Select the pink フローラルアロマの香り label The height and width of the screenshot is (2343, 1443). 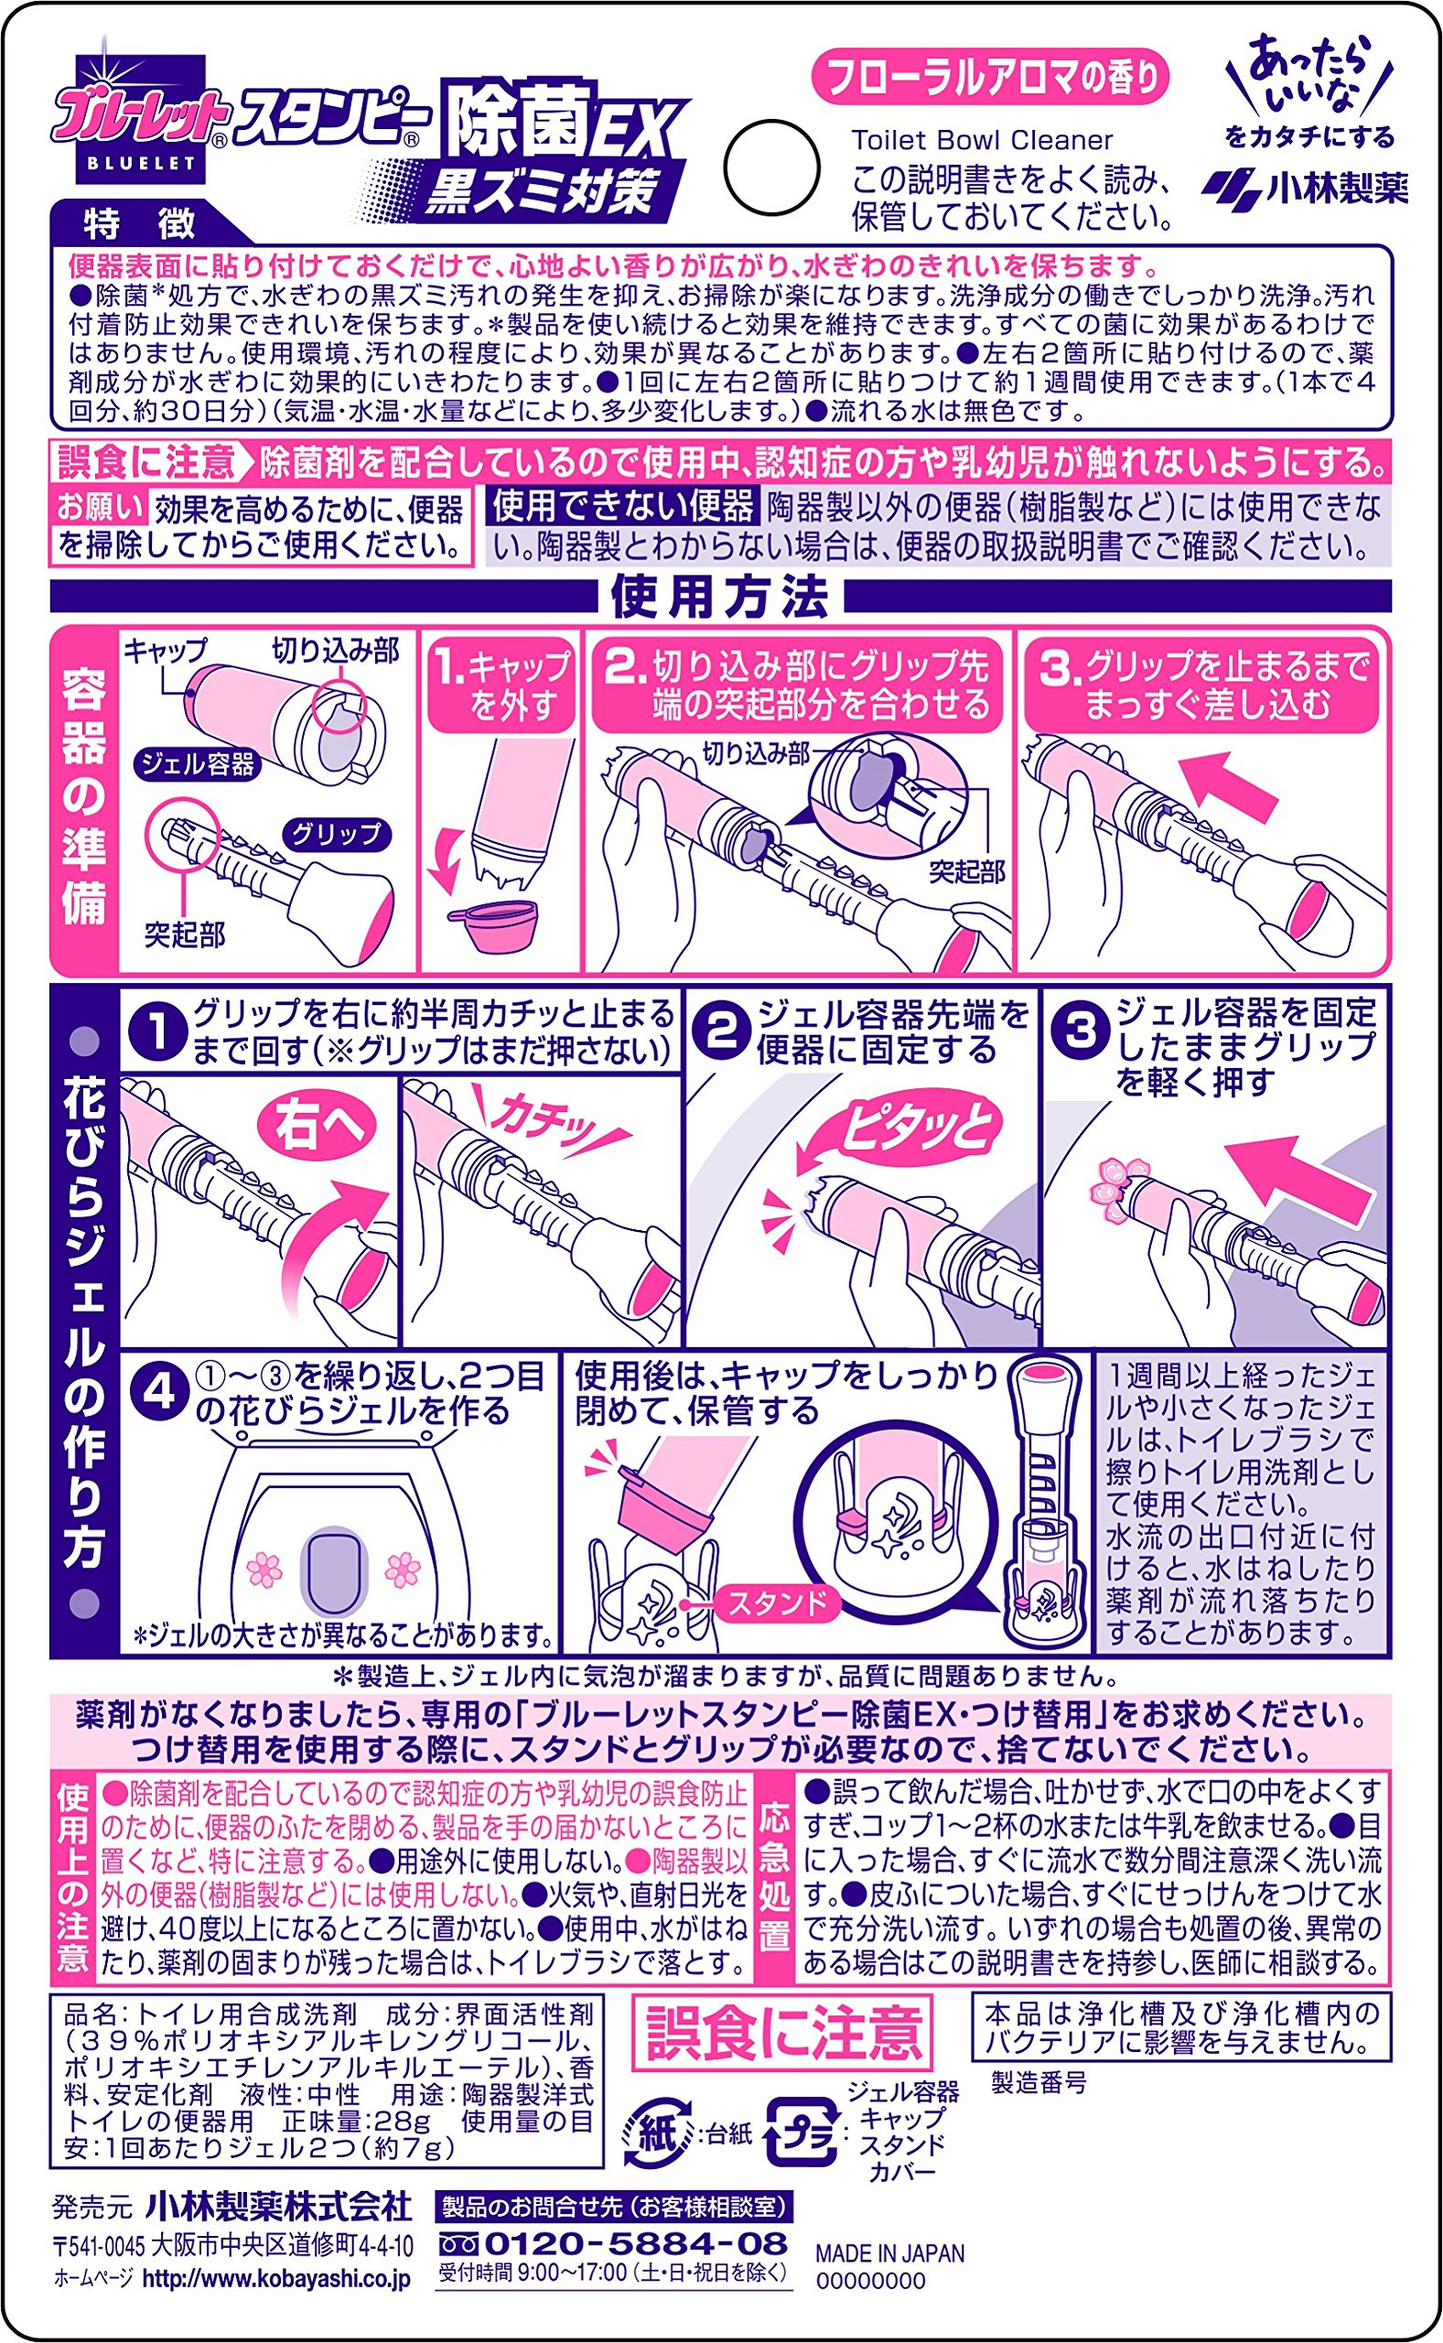991,77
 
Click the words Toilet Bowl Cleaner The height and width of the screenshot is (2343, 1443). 982,140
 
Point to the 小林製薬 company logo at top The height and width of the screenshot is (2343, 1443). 1305,187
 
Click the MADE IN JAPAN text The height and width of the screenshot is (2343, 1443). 889,2254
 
